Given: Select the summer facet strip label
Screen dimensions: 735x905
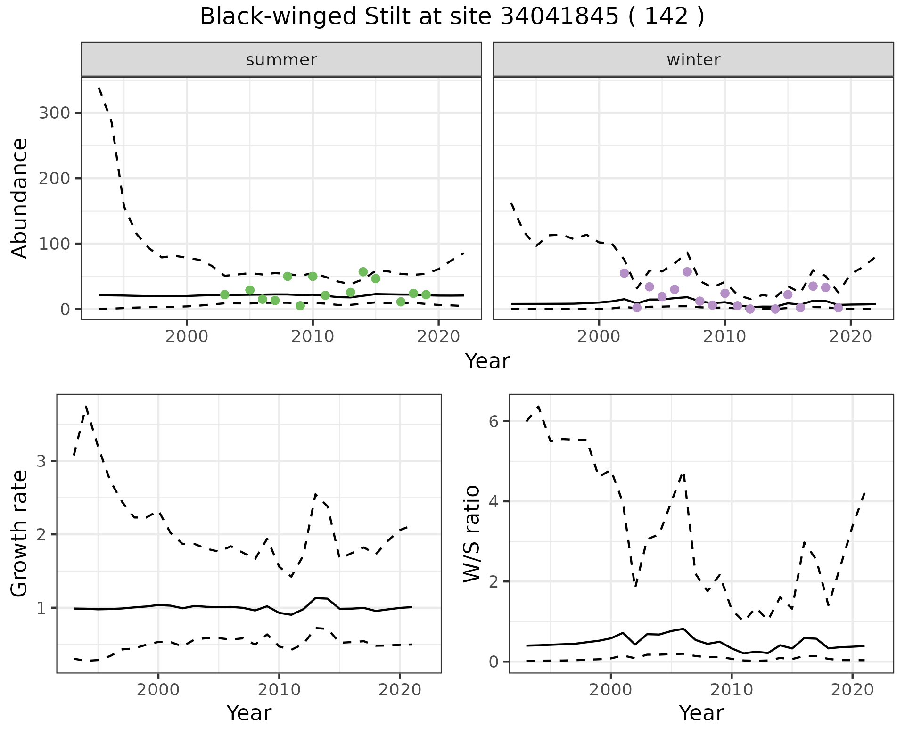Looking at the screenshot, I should (x=281, y=60).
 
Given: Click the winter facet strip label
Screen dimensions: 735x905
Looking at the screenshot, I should (x=693, y=60).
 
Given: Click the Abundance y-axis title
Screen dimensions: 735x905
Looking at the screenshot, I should (x=20, y=198).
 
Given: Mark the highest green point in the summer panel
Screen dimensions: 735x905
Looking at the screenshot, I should (x=363, y=272).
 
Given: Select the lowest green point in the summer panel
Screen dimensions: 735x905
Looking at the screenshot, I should (x=300, y=306).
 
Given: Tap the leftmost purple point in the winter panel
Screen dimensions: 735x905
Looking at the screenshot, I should (x=625, y=273).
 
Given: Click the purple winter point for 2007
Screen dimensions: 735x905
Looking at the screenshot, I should (x=687, y=272).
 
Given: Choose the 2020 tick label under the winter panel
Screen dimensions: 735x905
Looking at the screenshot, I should (x=850, y=336).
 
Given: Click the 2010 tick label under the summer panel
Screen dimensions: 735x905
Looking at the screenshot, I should (x=313, y=336).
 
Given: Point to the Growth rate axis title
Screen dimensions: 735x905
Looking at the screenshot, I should (x=20, y=533).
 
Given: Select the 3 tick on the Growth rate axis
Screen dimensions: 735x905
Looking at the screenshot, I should (x=41, y=461).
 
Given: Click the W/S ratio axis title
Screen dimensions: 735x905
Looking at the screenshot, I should (x=471, y=533).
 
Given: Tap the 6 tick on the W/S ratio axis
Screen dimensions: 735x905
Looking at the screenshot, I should (x=494, y=421).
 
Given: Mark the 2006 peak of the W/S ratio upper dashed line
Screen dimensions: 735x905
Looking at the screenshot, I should (x=683, y=473).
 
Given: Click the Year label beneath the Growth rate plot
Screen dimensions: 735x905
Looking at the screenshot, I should (x=249, y=713).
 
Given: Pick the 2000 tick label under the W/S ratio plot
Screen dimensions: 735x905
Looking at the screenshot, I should (x=611, y=690).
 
